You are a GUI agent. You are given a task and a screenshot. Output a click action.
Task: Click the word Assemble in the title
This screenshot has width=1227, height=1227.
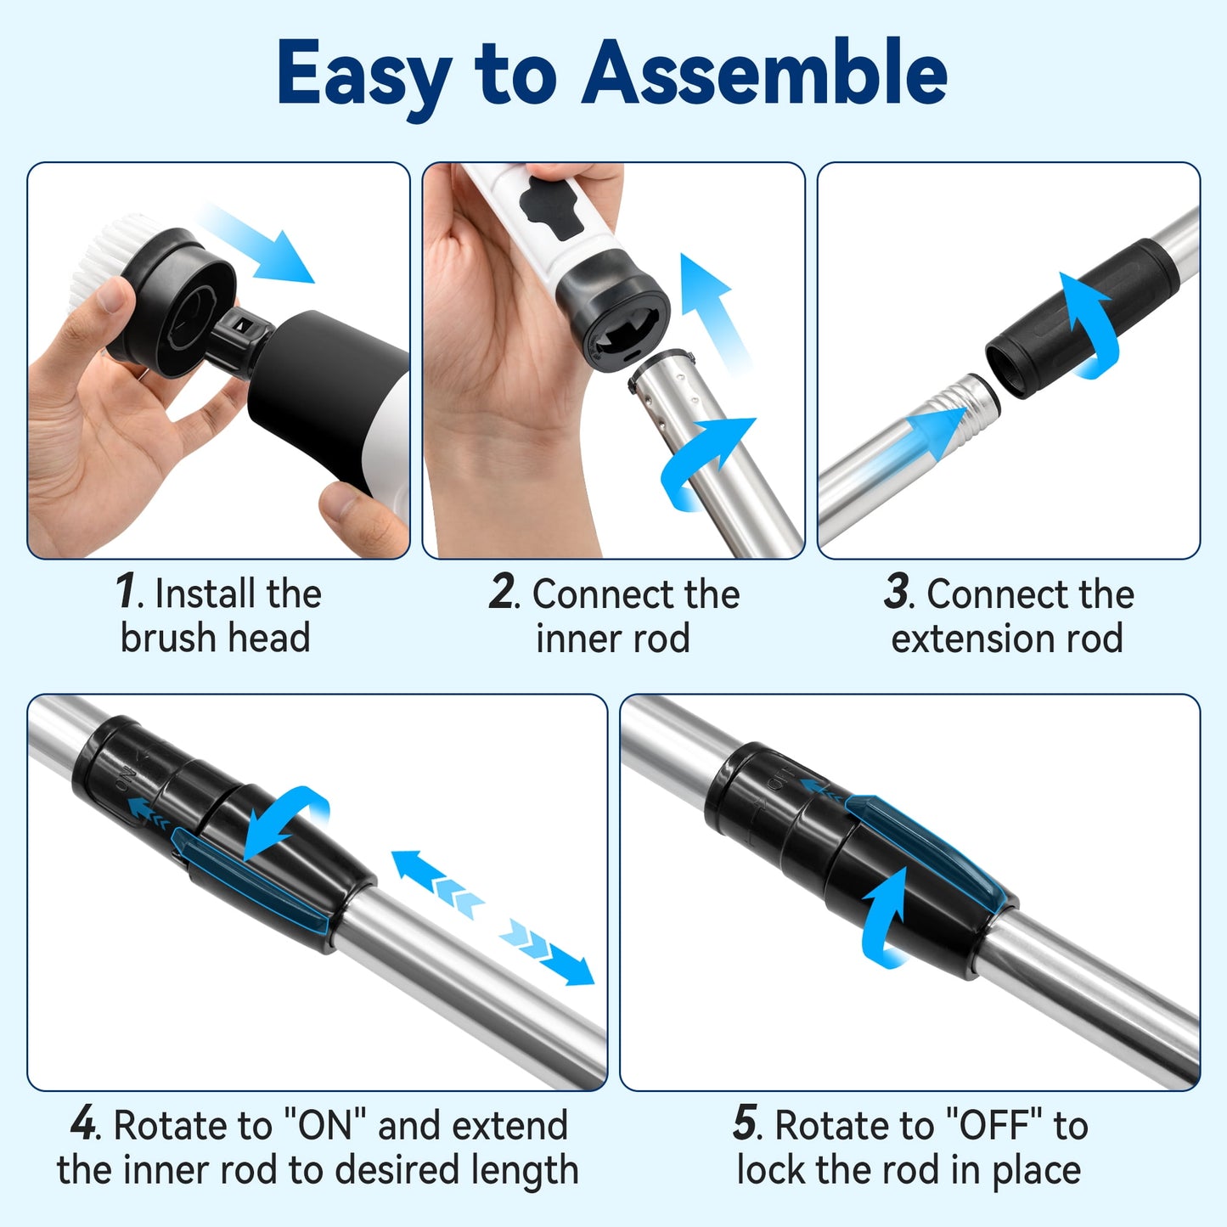[x=764, y=73]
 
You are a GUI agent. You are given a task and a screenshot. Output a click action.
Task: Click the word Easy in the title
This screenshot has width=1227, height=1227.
[x=363, y=75]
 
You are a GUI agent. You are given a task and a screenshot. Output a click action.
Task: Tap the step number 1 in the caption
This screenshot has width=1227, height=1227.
[x=127, y=592]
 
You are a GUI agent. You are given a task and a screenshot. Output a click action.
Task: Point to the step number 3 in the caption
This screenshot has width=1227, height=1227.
[x=897, y=592]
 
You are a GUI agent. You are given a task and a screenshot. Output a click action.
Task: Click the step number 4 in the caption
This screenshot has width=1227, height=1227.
[x=84, y=1124]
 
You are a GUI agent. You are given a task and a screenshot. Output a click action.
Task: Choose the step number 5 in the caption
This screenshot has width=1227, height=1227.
[x=746, y=1124]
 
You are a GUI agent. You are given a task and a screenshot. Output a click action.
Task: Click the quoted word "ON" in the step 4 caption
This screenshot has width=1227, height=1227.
[x=327, y=1126]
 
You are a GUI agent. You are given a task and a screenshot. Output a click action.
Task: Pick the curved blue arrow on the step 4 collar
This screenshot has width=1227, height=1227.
[x=284, y=819]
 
